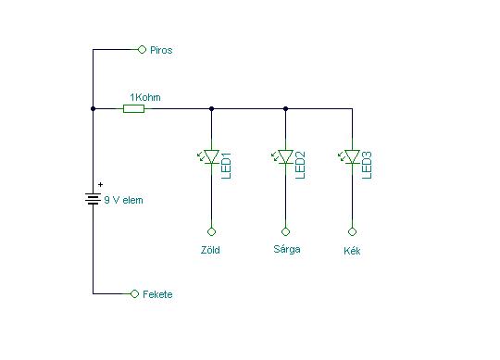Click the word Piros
[161, 50]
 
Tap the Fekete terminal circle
[134, 293]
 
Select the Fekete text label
[157, 294]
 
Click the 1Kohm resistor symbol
[134, 109]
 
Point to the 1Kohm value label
[145, 97]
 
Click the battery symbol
[93, 199]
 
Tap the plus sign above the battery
[100, 184]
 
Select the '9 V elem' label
[123, 200]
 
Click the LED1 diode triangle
[211, 156]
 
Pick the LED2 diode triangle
[285, 156]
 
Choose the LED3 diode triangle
[353, 156]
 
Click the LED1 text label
[226, 166]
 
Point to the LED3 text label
[367, 166]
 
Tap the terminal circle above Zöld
[211, 231]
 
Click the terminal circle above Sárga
[285, 231]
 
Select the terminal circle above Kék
[353, 231]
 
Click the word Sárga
[287, 249]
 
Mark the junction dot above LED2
[285, 109]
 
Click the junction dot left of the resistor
[93, 109]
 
